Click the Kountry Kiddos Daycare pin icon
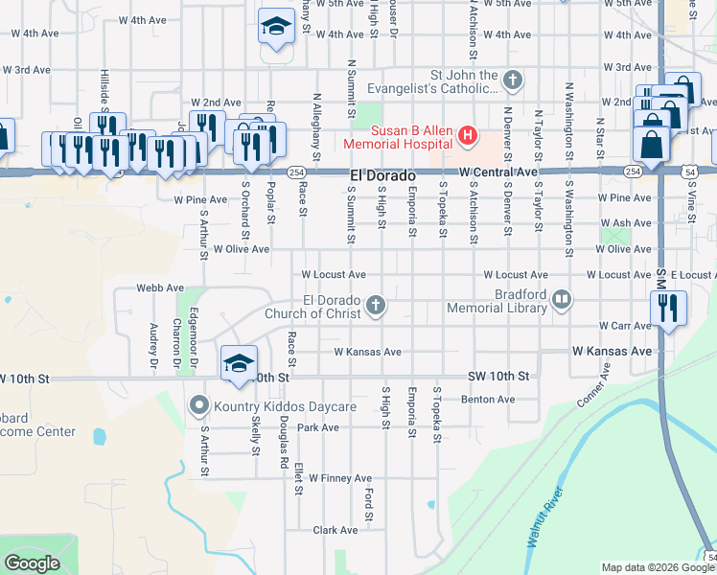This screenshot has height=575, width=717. (198, 406)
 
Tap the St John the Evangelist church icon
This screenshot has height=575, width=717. (513, 80)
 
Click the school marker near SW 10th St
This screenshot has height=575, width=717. (239, 362)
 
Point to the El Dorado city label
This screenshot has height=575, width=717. (382, 176)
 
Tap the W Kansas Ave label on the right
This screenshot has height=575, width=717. (613, 352)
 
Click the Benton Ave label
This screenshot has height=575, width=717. (482, 399)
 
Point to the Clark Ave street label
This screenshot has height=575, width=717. (335, 529)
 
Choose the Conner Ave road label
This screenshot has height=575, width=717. (595, 382)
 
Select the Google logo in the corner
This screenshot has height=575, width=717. (33, 563)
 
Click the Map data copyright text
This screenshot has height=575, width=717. (658, 567)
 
